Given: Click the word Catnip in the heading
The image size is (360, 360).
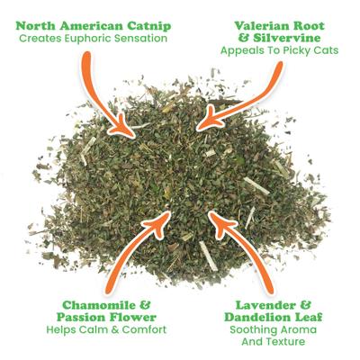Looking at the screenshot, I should [x=139, y=24].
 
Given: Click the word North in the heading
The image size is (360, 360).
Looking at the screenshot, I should [x=40, y=24].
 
